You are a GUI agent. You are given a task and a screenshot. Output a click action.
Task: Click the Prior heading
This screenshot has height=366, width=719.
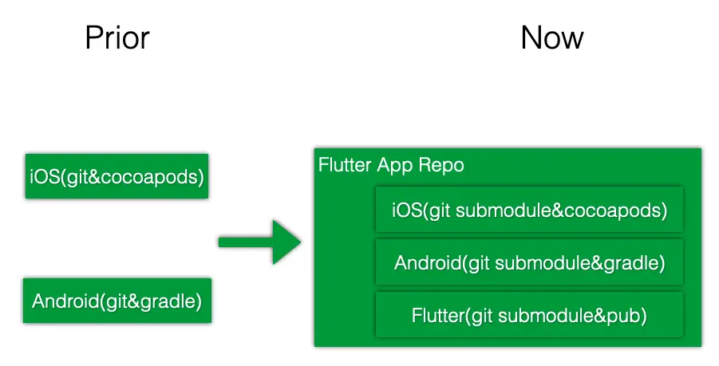pyautogui.click(x=117, y=37)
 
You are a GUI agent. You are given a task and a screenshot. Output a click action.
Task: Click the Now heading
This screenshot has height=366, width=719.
pyautogui.click(x=552, y=37)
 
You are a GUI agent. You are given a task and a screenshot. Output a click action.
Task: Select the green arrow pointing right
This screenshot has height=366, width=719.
pyautogui.click(x=260, y=242)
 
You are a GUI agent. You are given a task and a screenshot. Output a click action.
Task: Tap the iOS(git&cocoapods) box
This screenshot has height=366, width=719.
pyautogui.click(x=117, y=176)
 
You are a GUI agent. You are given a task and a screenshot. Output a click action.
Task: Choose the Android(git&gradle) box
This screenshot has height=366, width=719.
pyautogui.click(x=117, y=301)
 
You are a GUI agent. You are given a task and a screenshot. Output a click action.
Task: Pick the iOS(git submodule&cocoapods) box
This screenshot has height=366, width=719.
pyautogui.click(x=529, y=211)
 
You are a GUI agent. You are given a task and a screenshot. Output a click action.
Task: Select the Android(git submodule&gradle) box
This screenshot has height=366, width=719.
pyautogui.click(x=529, y=262)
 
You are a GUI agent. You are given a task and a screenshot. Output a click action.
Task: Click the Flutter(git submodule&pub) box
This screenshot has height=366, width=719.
pyautogui.click(x=529, y=315)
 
